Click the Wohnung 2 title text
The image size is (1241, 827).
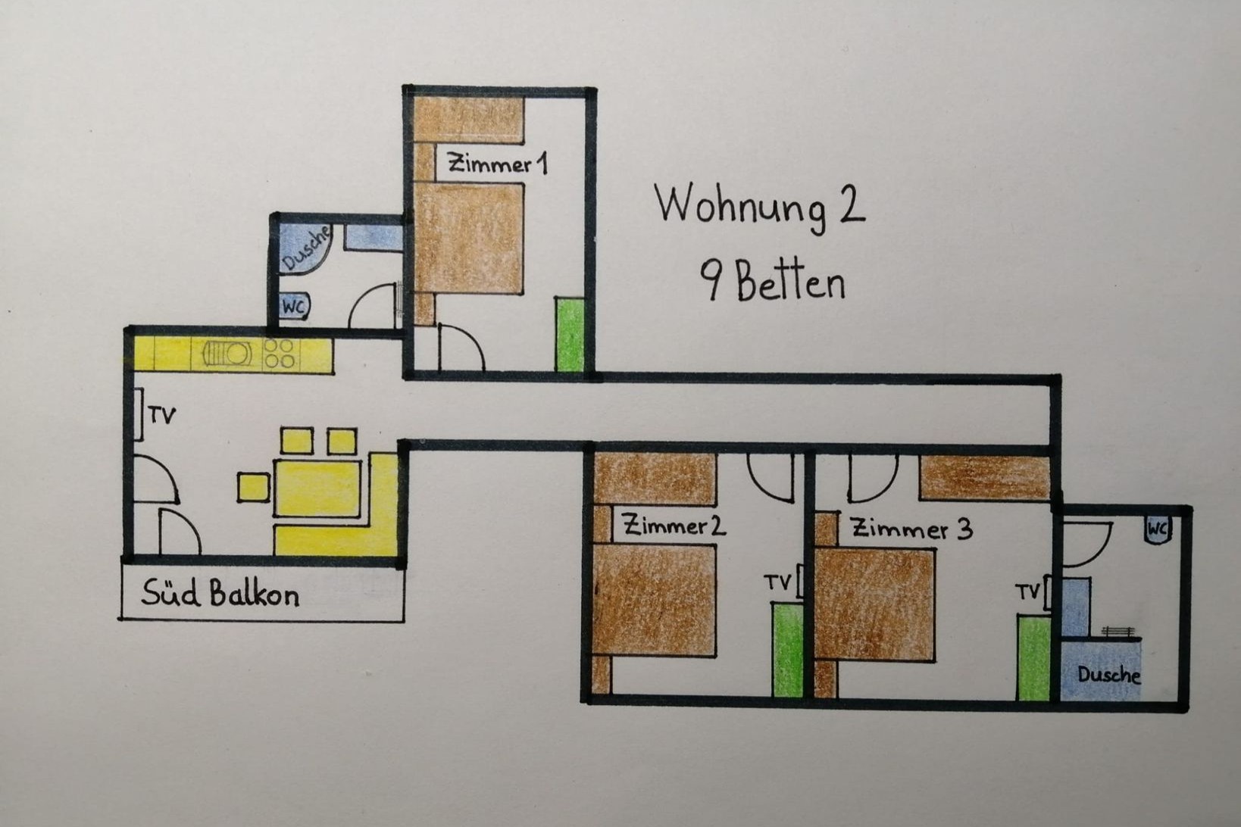[760, 205]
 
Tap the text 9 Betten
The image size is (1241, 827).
[772, 282]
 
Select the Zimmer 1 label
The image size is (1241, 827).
[498, 164]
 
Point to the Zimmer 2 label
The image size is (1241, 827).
[673, 525]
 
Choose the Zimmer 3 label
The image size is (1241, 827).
[912, 529]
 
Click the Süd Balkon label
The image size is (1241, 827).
[220, 594]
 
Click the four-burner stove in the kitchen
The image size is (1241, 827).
[280, 354]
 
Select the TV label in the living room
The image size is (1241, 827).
[162, 416]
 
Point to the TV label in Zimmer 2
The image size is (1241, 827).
[777, 582]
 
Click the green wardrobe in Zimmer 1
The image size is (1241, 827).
[570, 335]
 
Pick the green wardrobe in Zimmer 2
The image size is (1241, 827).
[787, 650]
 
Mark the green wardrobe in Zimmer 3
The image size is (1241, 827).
[1034, 657]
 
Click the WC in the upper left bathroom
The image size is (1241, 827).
[294, 306]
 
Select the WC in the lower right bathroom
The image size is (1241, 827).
[1158, 530]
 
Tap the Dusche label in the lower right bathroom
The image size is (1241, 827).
[1108, 675]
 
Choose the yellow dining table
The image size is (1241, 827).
[317, 488]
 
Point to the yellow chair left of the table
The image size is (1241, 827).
[253, 488]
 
